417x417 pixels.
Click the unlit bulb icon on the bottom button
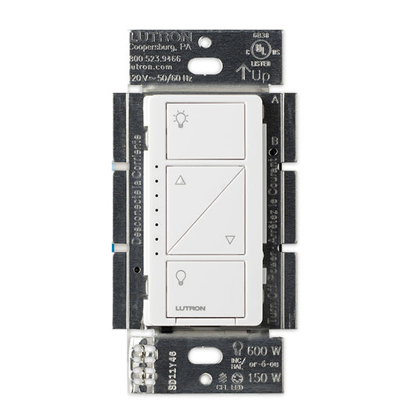[x=181, y=277]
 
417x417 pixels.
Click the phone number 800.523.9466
[x=157, y=58]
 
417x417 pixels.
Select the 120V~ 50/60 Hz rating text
[x=160, y=78]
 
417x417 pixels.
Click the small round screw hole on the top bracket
[x=206, y=40]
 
